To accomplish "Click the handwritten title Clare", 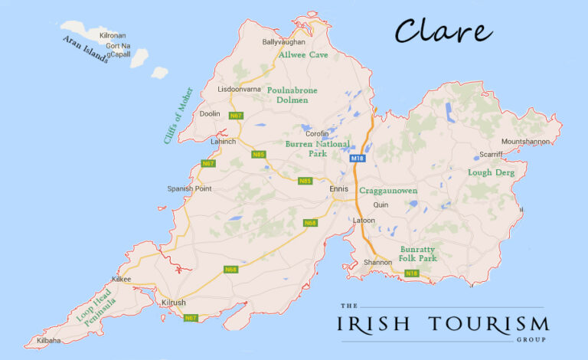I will coord(443,31).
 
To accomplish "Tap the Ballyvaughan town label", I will coord(283,42).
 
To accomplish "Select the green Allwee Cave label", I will coord(303,55).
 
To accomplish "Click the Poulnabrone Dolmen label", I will coord(292,95).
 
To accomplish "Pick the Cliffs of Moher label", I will coord(178,116).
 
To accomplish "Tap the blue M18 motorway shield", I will coord(358,159).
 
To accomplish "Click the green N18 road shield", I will coord(412,273).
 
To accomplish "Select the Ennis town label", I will coord(338,188).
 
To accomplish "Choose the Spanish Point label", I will coord(189,188).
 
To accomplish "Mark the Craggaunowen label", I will coord(389,189).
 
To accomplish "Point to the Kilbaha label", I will coord(48,340).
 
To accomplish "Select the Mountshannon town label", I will coord(527,142).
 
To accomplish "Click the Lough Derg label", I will coord(491,173).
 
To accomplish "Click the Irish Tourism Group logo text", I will coord(443,324).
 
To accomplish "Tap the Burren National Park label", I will coord(317,149).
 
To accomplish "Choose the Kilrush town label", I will coord(174,303).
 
